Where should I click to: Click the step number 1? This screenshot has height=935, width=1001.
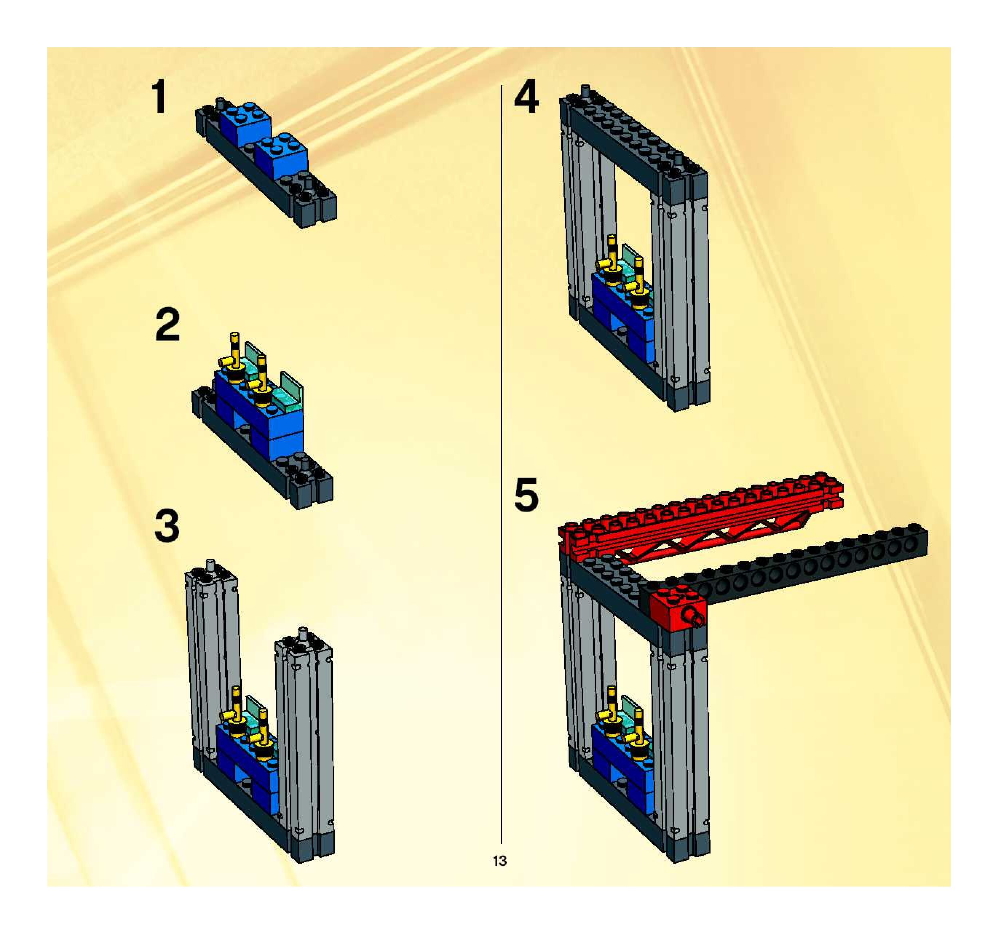click(x=160, y=98)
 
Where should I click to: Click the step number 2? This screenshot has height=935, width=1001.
click(x=168, y=325)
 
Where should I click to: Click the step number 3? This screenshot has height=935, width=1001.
click(x=167, y=526)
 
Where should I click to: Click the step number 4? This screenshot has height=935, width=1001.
click(x=526, y=98)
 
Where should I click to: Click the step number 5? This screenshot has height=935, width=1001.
click(x=526, y=496)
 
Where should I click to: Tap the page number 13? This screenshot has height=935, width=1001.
click(x=499, y=861)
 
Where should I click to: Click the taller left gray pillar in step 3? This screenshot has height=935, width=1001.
click(x=211, y=654)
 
